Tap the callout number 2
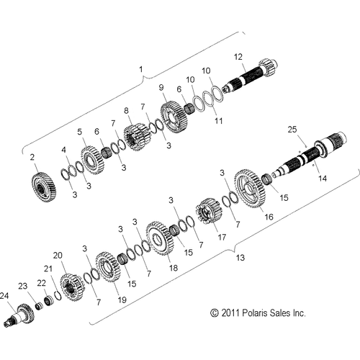32,156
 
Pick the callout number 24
5,296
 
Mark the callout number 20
58,255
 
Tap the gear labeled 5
91,159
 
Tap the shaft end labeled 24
20,315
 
